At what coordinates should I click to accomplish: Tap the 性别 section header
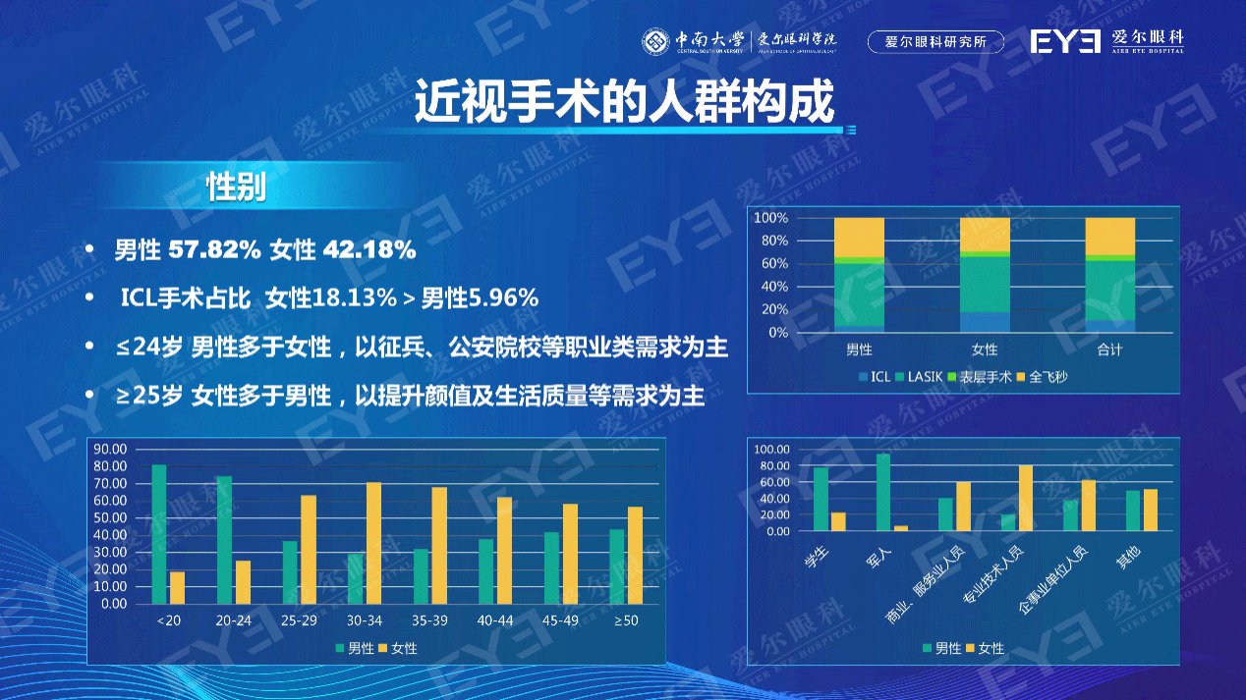coord(236,187)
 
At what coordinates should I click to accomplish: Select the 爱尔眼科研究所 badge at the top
coord(936,41)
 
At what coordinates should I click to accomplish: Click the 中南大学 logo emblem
coord(656,41)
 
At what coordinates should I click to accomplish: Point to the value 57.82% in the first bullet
coord(214,250)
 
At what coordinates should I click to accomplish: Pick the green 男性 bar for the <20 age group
coord(159,534)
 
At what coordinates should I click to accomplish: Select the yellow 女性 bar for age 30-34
coord(373,543)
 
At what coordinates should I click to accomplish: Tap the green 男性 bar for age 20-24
coord(224,540)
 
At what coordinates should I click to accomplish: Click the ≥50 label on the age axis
coord(626,620)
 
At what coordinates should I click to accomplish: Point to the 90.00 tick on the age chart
coord(110,449)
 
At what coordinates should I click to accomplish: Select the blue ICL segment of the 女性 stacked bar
coord(984,322)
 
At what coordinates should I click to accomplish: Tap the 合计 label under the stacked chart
coord(1109,350)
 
